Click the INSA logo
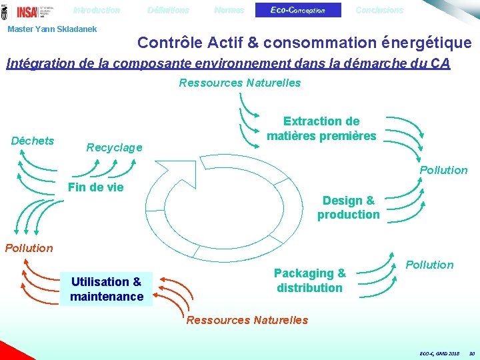(28, 11)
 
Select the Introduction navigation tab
(97, 11)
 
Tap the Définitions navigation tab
(168, 11)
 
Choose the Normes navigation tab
(229, 11)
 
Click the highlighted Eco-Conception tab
(298, 11)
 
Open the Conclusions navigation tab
(379, 11)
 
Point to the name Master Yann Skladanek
(52, 29)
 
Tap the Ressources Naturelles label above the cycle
(240, 83)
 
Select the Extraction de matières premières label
(321, 129)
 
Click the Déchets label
(33, 141)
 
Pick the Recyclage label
(114, 147)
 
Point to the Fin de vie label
(96, 187)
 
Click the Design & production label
(348, 207)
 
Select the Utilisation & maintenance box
(107, 289)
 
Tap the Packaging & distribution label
(310, 281)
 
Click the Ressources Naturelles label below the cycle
(247, 320)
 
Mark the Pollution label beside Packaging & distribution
(429, 265)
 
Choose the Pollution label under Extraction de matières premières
(443, 170)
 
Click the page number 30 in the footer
(471, 353)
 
